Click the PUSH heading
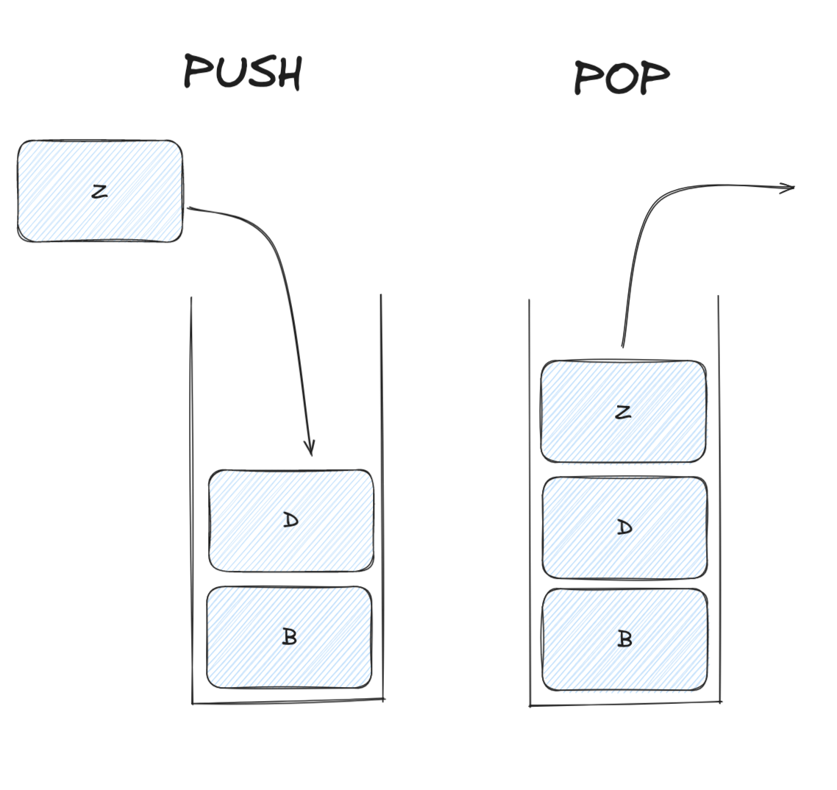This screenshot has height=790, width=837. (242, 72)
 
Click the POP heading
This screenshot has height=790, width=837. (621, 77)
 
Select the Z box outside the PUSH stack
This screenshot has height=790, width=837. (100, 191)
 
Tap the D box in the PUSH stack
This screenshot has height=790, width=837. (291, 521)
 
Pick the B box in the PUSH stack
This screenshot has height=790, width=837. (289, 637)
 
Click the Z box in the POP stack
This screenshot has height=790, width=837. (623, 412)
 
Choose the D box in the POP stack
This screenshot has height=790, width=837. (624, 527)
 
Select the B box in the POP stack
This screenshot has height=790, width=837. (624, 639)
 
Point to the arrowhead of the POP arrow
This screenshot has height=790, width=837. (790, 188)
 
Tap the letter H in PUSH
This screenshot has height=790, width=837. (288, 74)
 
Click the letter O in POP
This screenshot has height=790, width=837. (621, 78)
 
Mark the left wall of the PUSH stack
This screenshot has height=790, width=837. (192, 500)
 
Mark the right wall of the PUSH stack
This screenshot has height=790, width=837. (382, 500)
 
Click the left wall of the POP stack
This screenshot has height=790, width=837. (530, 500)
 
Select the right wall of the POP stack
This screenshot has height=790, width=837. (719, 500)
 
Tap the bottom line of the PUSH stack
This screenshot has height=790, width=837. (287, 701)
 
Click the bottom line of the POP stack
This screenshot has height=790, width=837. (625, 704)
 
